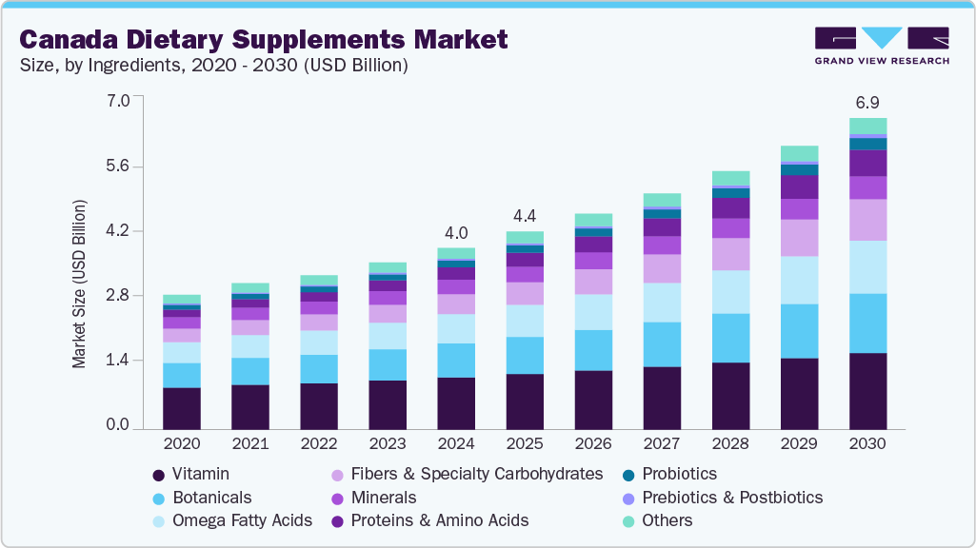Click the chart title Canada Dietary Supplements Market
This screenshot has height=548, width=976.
click(264, 39)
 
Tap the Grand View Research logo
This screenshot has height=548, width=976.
click(881, 46)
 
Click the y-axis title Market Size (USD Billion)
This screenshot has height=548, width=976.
click(79, 284)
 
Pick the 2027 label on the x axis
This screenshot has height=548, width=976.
click(662, 444)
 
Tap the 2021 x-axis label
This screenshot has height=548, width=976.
click(250, 444)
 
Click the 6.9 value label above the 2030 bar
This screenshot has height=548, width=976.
click(867, 101)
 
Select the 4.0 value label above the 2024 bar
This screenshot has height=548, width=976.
click(456, 232)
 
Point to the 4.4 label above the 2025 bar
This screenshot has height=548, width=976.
click(525, 215)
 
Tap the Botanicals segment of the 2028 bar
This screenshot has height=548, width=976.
click(730, 338)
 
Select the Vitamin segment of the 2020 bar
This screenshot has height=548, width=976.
click(182, 408)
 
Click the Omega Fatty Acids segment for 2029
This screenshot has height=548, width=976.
click(799, 280)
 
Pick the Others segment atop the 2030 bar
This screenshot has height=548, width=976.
click(867, 126)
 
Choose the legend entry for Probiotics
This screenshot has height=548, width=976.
click(679, 474)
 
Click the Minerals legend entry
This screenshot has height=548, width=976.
click(384, 498)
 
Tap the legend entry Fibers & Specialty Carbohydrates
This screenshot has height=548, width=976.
click(476, 474)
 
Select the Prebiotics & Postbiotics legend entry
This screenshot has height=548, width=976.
click(732, 498)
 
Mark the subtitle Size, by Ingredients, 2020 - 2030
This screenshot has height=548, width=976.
click(215, 66)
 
